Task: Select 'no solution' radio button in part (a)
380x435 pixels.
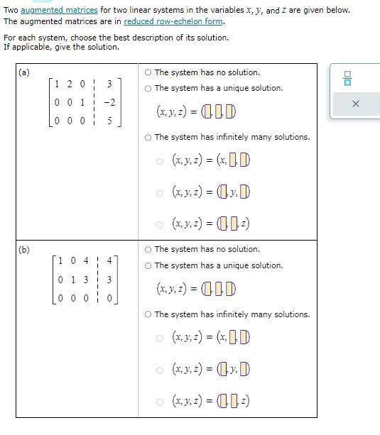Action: point(148,72)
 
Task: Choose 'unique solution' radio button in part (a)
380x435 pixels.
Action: point(148,88)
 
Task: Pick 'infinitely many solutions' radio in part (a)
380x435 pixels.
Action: point(148,137)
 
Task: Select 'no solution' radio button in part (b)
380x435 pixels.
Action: point(148,249)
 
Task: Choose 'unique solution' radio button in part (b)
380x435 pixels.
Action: point(148,265)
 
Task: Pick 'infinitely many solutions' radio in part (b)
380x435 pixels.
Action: point(148,314)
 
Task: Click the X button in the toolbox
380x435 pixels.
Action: point(356,104)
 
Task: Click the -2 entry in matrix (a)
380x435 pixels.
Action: point(109,102)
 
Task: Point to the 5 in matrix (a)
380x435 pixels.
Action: point(109,121)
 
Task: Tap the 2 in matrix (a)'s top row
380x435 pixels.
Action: point(70,84)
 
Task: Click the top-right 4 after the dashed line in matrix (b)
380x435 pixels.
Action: point(109,260)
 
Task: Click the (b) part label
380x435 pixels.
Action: point(24,250)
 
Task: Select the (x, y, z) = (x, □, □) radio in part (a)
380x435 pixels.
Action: point(159,160)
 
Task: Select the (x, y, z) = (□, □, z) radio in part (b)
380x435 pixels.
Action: point(159,401)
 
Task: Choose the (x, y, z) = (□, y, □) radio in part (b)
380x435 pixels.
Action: point(159,369)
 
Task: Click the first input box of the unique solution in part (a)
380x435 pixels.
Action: point(207,112)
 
